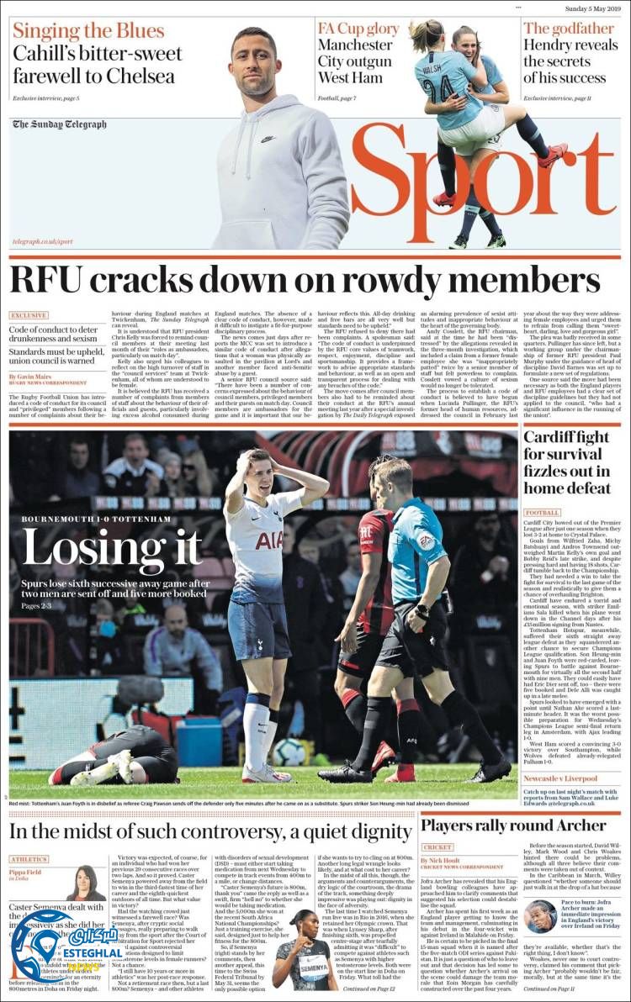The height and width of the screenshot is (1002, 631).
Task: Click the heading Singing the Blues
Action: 88,31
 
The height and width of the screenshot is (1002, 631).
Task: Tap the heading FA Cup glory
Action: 358,29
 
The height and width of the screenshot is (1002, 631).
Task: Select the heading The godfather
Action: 570,29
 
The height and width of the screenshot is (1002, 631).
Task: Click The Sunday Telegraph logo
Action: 60,125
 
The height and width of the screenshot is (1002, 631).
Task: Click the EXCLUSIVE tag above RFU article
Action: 29,315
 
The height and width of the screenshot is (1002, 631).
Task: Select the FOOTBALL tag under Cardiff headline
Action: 543,512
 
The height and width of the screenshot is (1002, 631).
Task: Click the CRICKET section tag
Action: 437,847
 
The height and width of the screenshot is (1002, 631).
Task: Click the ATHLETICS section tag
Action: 29,859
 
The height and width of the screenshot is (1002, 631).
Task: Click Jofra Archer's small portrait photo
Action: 539,916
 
